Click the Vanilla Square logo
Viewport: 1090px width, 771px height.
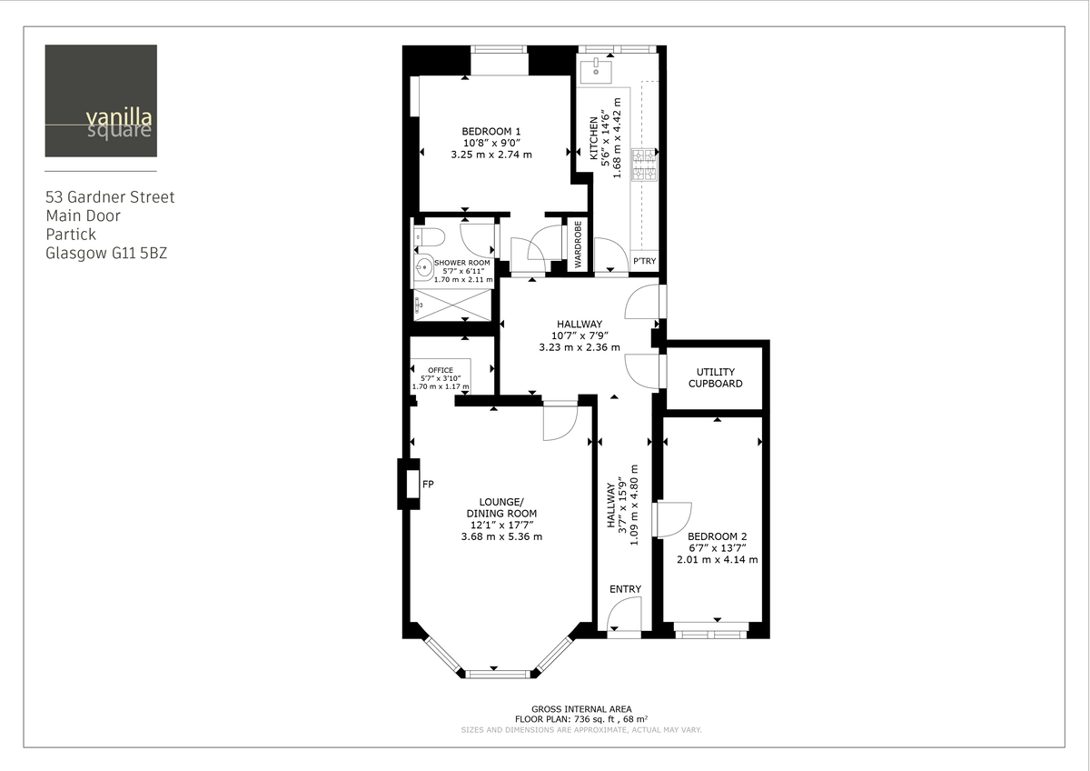coord(101,101)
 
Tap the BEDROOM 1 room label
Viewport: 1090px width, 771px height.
coord(490,130)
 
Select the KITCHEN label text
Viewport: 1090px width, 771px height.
coord(595,138)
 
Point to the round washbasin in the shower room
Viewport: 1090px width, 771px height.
coord(423,267)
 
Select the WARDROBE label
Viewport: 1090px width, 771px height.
coord(577,243)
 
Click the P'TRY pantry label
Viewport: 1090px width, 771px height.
coord(644,262)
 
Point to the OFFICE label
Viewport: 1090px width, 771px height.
coord(441,370)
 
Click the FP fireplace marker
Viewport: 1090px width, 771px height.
coord(428,485)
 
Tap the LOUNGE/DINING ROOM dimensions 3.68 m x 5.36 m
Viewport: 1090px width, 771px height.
coord(501,536)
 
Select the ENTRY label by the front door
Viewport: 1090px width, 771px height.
coord(625,589)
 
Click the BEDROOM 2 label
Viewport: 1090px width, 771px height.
coord(717,536)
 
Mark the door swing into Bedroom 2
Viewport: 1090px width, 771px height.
coord(674,519)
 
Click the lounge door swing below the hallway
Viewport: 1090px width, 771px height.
coord(560,421)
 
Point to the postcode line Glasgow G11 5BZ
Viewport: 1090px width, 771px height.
coord(106,254)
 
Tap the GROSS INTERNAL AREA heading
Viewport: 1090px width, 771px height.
coord(581,709)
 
